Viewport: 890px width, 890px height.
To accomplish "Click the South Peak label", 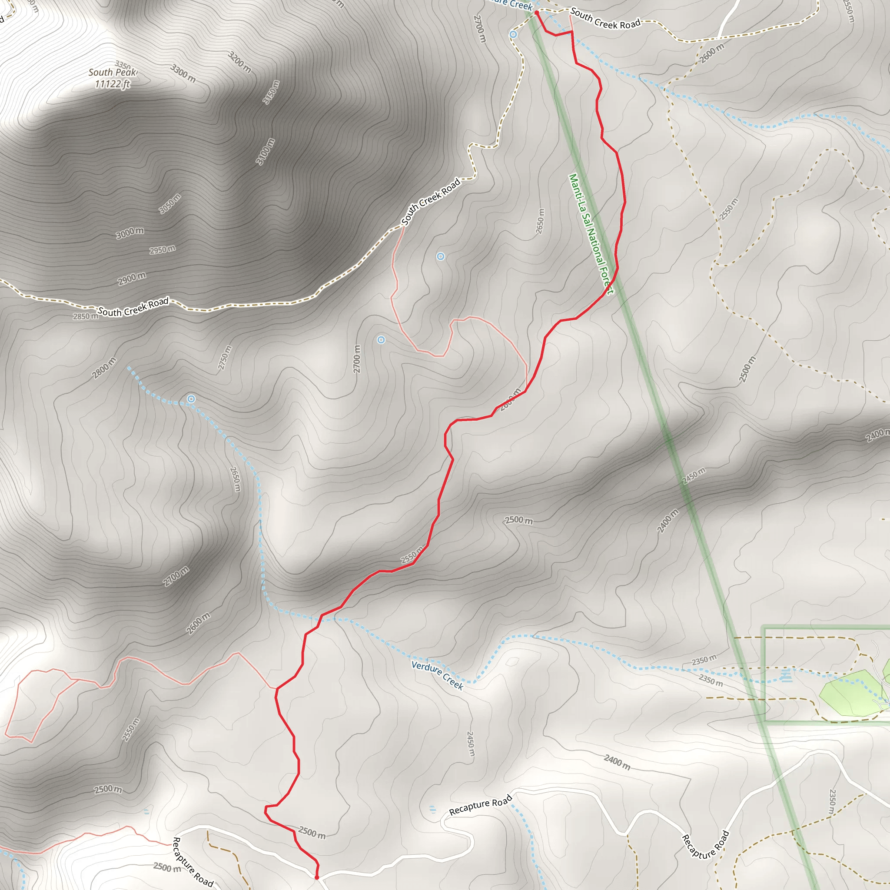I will pos(113,72).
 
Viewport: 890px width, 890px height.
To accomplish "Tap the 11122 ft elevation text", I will pos(113,84).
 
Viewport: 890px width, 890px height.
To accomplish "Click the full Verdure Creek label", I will pos(437,675).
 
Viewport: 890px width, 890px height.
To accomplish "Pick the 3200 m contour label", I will pos(239,62).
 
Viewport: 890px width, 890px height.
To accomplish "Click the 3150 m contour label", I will pos(271,92).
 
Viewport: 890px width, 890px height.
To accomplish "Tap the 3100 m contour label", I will pos(266,151).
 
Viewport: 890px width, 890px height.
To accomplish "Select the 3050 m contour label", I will pos(170,204).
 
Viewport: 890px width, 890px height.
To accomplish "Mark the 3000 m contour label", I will pos(130,233).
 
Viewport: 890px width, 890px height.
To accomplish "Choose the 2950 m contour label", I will pos(162,250).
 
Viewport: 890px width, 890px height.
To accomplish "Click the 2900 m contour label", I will pos(132,278).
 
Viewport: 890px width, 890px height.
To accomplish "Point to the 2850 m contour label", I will pos(86,316).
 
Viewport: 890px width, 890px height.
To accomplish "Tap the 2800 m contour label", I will pos(104,368).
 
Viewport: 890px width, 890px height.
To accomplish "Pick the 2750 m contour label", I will pos(225,358).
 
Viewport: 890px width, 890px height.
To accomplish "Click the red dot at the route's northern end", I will pos(537,13).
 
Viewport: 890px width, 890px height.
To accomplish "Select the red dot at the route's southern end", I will pos(316,877).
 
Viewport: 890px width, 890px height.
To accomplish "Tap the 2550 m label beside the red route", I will pos(412,555).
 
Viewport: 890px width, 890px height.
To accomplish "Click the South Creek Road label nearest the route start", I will pos(605,18).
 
